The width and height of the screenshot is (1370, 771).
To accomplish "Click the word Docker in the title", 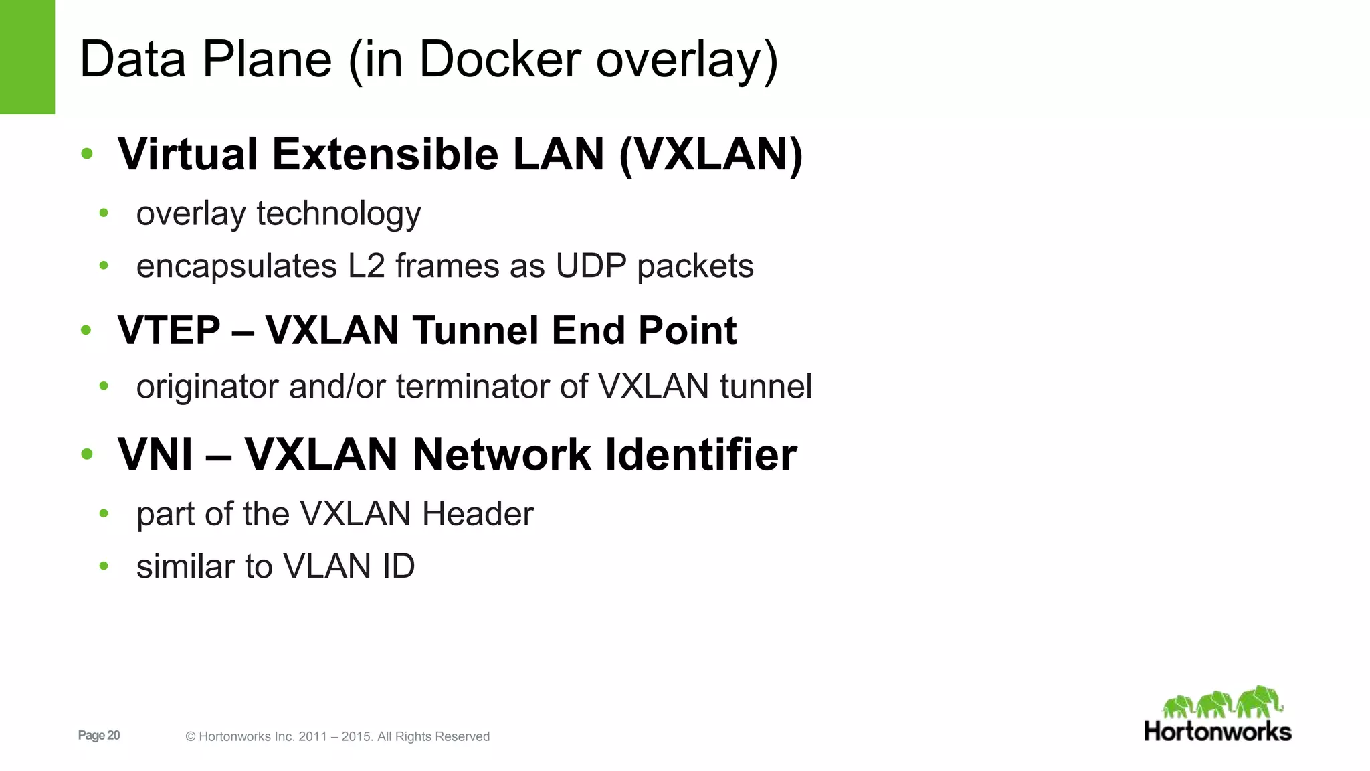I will pos(500,60).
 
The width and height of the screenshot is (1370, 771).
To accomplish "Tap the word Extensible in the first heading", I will pos(385,155).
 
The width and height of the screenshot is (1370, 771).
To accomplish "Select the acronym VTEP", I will pos(169,331).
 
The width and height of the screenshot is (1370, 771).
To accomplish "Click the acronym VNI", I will pos(155,455).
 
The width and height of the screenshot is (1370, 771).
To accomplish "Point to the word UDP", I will pos(590,266).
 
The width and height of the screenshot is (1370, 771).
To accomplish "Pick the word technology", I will pos(338,214).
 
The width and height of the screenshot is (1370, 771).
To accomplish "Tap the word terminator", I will pos(468,387).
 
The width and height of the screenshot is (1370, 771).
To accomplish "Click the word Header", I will pos(478,514).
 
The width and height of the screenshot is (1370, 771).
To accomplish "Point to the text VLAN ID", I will pos(349,567).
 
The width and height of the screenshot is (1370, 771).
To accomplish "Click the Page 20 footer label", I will pos(99,736).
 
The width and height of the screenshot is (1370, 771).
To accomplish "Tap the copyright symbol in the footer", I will pos(191,737).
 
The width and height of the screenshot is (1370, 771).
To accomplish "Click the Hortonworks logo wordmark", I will pos(1217,732).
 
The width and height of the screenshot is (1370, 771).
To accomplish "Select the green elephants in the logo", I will pos(1223,703).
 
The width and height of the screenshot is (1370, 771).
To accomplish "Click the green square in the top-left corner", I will pos(27,57).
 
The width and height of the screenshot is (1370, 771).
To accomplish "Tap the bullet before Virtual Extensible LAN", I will pos(87,155).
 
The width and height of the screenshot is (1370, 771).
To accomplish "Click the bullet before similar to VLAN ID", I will pos(104,567).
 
